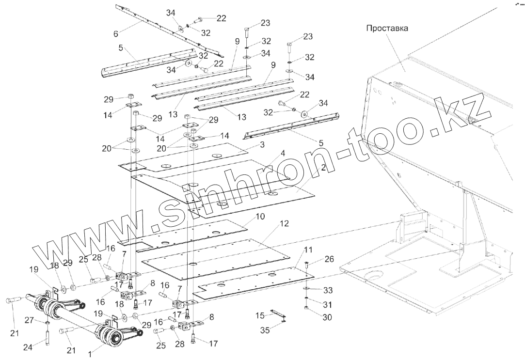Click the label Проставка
(x=387, y=28)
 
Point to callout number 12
(x=284, y=224)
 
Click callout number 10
(x=260, y=217)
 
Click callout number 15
(x=261, y=316)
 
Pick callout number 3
(x=262, y=145)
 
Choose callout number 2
(x=322, y=167)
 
